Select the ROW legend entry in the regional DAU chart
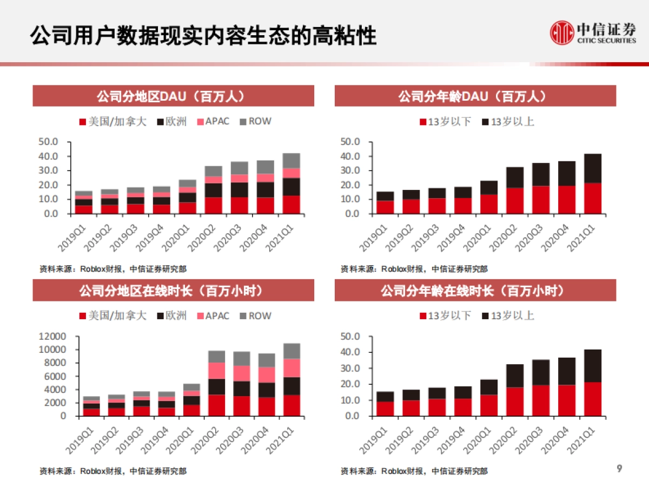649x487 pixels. click(x=255, y=122)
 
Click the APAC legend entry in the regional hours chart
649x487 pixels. click(x=212, y=315)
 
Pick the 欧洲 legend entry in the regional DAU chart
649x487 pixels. click(x=171, y=122)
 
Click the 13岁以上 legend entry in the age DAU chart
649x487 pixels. click(x=507, y=122)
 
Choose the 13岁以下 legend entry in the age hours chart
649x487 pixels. click(x=445, y=315)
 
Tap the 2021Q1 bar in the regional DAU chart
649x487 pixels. click(x=291, y=183)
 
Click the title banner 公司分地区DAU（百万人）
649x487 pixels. click(x=173, y=96)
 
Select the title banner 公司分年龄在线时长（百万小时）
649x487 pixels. click(x=475, y=291)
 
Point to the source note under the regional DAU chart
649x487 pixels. click(x=113, y=268)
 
